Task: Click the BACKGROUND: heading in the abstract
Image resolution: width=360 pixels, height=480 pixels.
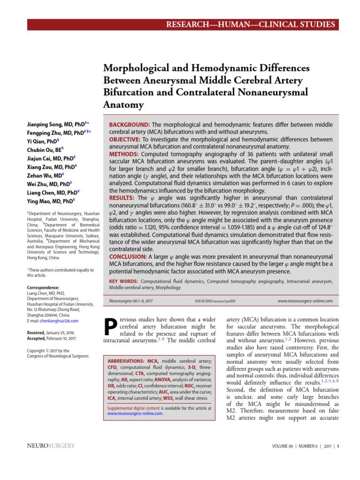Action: [129, 125]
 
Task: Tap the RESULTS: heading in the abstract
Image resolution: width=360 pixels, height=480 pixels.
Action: [122, 198]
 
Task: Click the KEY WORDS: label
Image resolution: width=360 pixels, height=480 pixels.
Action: [122, 281]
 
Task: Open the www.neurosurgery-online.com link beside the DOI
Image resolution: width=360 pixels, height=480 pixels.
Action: [305, 301]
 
